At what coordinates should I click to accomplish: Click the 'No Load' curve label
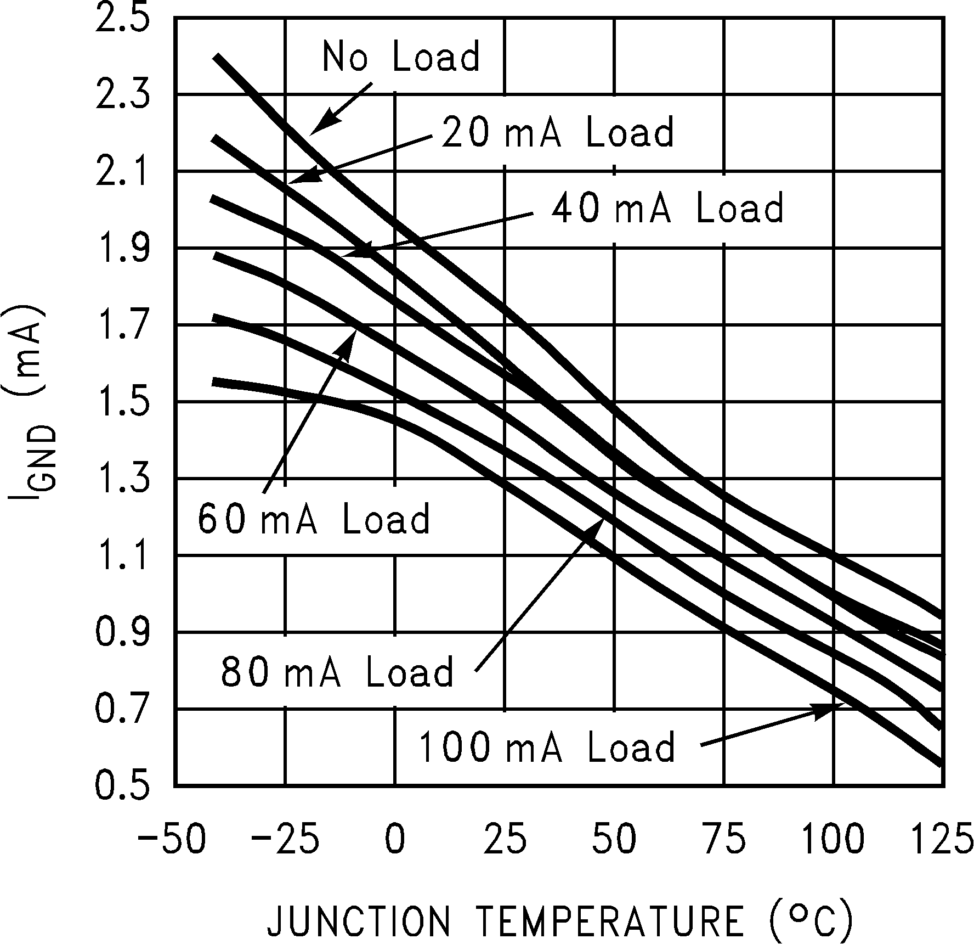pyautogui.click(x=401, y=56)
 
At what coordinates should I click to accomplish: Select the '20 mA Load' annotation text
pyautogui.click(x=557, y=132)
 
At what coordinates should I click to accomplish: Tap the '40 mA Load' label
pyautogui.click(x=667, y=208)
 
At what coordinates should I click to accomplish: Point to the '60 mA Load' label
pyautogui.click(x=314, y=519)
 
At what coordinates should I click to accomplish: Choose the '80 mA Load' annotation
pyautogui.click(x=337, y=671)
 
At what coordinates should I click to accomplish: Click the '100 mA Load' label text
pyautogui.click(x=547, y=748)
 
